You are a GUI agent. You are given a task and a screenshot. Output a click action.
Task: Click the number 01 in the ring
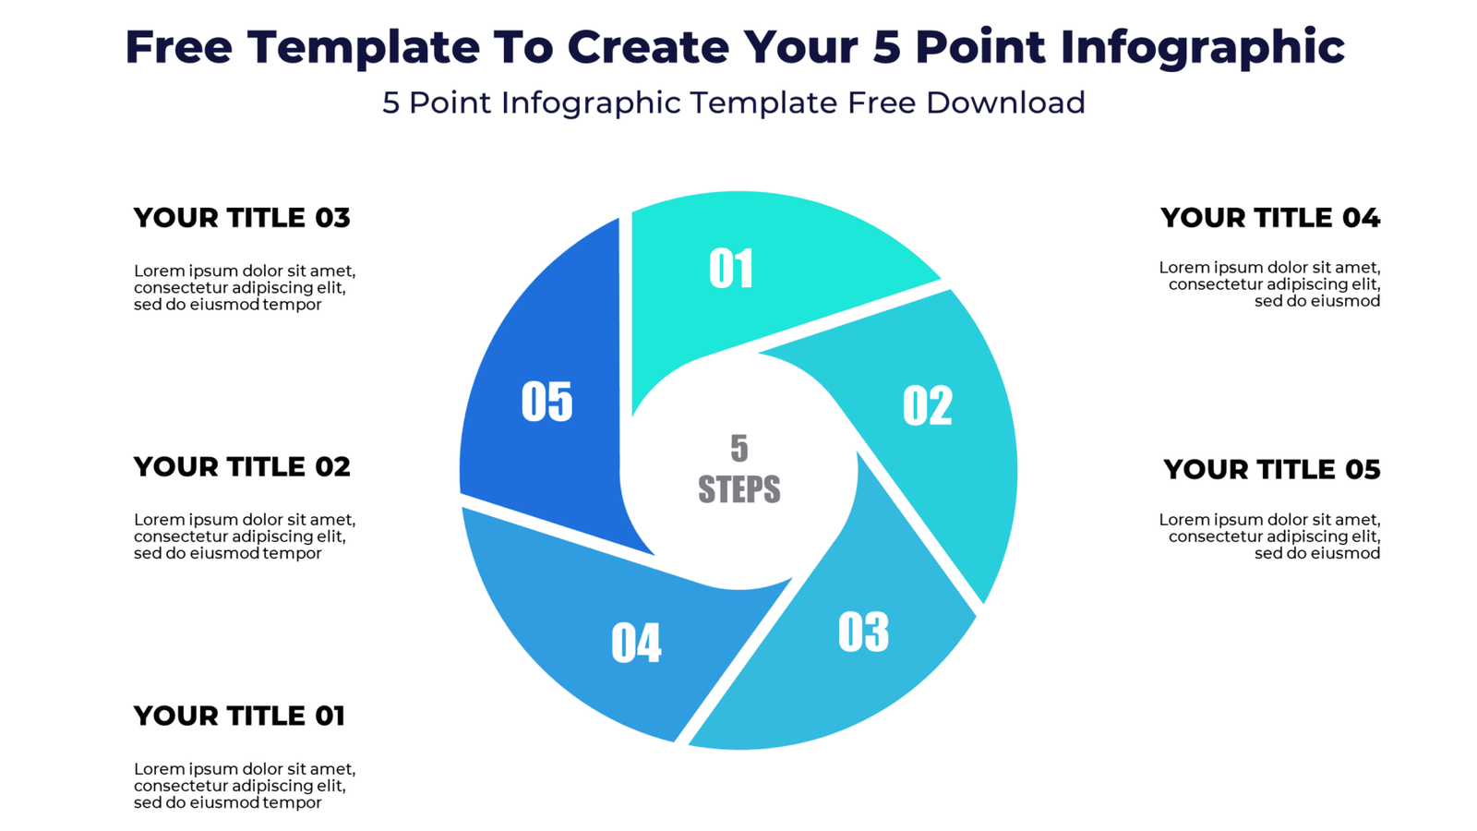(x=731, y=269)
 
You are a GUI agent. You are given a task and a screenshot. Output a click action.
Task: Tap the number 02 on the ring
(x=927, y=405)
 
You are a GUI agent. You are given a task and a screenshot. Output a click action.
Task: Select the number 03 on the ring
(x=863, y=632)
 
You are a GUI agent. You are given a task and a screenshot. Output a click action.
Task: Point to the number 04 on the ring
(x=636, y=643)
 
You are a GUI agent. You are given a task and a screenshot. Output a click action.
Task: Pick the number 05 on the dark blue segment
(x=546, y=402)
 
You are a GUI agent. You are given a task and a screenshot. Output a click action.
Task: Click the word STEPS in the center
(x=738, y=489)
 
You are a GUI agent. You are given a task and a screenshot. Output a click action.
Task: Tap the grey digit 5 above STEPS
(x=738, y=449)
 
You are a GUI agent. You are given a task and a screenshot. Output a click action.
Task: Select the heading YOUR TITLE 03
(x=242, y=218)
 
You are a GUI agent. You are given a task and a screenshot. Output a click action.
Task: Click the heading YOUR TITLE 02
(x=242, y=467)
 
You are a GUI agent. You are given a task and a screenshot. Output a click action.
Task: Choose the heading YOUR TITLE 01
(x=239, y=716)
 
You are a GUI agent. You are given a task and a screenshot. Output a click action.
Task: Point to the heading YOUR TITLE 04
(x=1269, y=218)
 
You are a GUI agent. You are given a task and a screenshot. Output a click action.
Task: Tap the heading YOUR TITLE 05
(x=1271, y=470)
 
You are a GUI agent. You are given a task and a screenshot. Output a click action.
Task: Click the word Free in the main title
(x=178, y=47)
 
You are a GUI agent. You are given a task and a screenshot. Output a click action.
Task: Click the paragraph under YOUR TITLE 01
(x=245, y=786)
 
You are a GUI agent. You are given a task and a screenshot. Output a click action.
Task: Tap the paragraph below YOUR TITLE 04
(x=1270, y=284)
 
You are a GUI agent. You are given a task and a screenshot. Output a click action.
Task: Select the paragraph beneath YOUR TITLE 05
(x=1270, y=536)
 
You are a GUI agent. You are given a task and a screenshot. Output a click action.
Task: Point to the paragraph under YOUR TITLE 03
(x=245, y=287)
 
